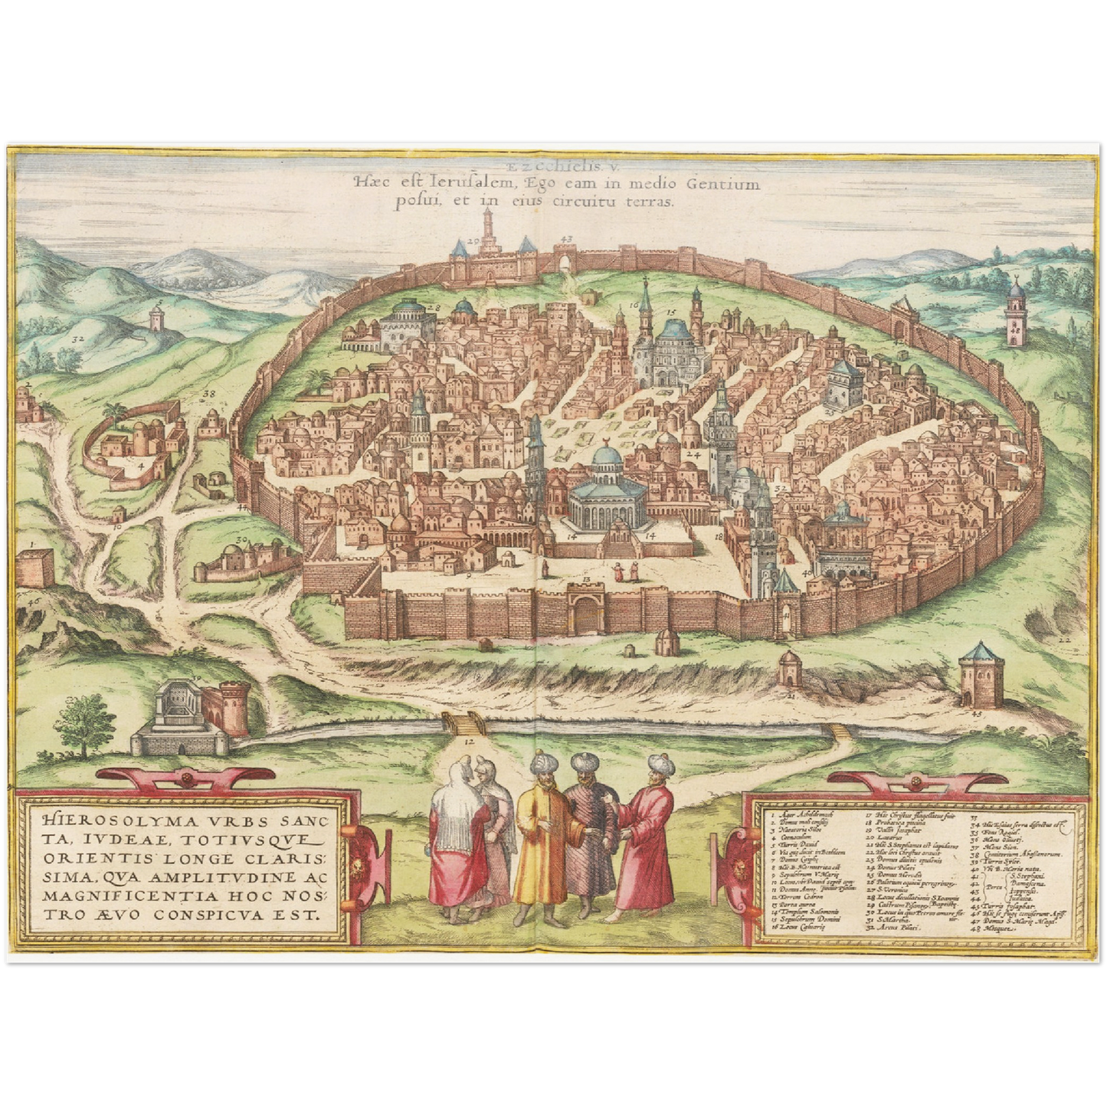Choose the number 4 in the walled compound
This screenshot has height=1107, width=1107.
(x=142, y=464)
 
